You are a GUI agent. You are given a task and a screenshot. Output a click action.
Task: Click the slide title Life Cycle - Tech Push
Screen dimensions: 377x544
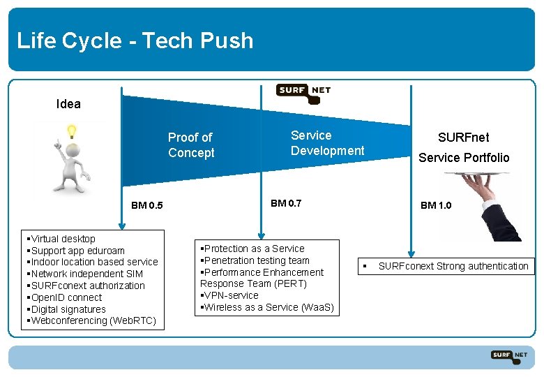(135, 40)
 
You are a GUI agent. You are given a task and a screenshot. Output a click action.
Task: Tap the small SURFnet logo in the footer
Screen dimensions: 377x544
(508, 355)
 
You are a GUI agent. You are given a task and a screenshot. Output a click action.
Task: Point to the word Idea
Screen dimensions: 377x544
(68, 104)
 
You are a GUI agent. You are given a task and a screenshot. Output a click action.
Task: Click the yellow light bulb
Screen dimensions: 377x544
(70, 131)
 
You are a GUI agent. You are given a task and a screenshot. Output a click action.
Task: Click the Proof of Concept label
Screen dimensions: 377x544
(191, 145)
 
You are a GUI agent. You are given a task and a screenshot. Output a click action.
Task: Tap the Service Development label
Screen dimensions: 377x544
(327, 143)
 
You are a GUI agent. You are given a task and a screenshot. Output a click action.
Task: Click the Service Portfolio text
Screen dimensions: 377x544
(464, 158)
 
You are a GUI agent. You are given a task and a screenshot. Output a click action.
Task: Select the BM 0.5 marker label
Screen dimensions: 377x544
(147, 205)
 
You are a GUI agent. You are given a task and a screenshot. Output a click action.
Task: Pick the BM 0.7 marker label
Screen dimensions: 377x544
(286, 203)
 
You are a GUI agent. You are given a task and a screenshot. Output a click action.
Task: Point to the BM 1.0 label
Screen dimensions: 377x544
(436, 205)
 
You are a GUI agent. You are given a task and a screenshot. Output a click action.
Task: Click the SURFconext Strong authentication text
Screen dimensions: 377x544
(453, 266)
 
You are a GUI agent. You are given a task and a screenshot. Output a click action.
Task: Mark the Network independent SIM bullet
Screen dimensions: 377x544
(86, 274)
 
